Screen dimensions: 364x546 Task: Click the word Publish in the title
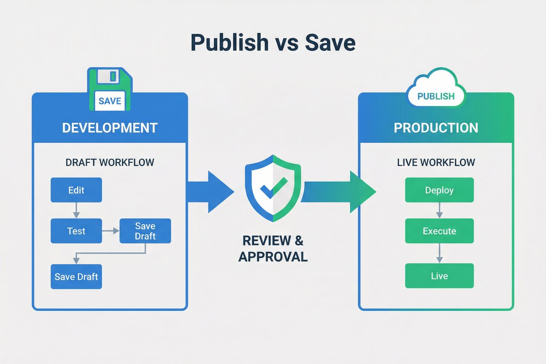click(x=229, y=43)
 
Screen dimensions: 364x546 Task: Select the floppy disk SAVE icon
click(x=109, y=89)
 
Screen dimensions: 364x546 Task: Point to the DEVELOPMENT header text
click(x=110, y=128)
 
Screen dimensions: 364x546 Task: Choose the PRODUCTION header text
click(x=435, y=128)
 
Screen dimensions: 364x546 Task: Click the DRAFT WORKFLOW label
click(x=109, y=162)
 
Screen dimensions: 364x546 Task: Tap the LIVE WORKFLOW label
click(x=435, y=162)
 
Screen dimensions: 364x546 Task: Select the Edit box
click(x=76, y=190)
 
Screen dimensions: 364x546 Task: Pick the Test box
click(x=76, y=231)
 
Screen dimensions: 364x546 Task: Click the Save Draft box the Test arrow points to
click(x=145, y=231)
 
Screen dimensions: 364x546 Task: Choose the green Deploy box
click(x=439, y=190)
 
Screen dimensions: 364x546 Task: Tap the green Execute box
click(x=439, y=231)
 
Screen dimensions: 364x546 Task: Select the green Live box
click(x=439, y=276)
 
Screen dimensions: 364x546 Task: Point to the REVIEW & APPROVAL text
click(x=273, y=248)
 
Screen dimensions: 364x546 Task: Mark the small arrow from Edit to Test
click(x=76, y=210)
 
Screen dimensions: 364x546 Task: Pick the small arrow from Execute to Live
click(x=439, y=253)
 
